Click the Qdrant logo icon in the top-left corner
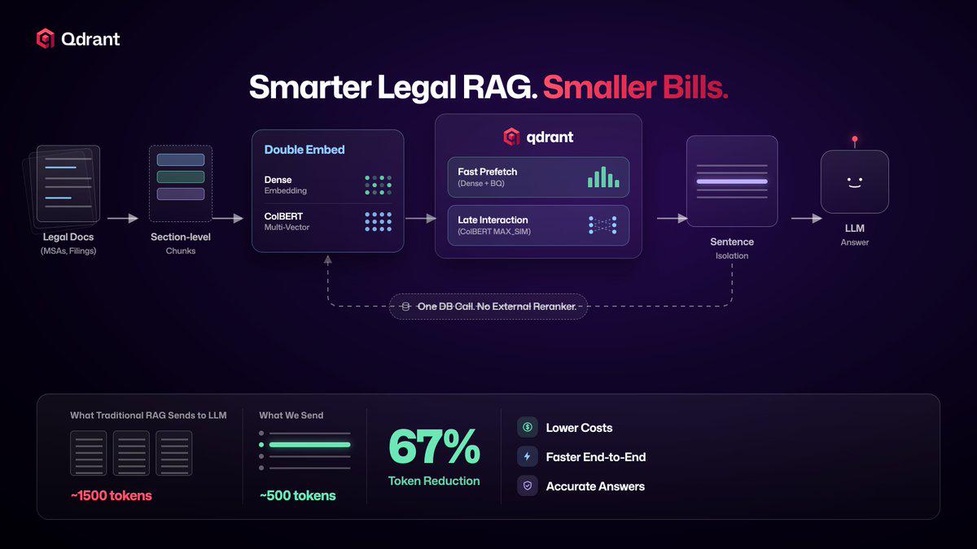(46, 39)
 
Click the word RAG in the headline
(499, 87)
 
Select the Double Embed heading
(304, 150)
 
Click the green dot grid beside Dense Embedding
(378, 185)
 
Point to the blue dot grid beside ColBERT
(378, 222)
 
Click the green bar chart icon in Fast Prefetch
(603, 177)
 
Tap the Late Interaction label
(493, 220)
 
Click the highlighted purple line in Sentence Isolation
(732, 181)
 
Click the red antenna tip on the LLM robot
(855, 139)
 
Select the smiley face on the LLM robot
(854, 182)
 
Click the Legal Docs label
(68, 237)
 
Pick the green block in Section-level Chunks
(181, 177)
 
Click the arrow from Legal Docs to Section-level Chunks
(123, 218)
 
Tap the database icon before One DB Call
(405, 307)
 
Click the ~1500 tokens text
(112, 495)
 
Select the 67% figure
(434, 447)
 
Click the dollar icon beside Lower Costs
(528, 427)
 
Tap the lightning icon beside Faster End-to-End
(528, 456)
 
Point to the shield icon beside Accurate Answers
(528, 486)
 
